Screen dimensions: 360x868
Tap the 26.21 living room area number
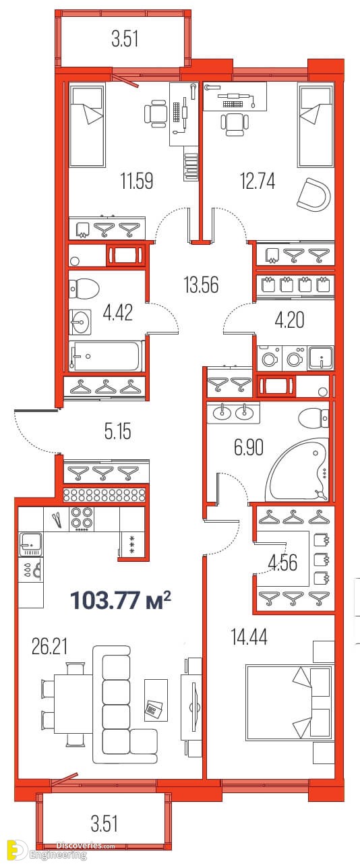click(x=49, y=647)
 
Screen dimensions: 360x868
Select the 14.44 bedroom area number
click(x=249, y=637)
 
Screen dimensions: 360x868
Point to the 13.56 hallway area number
click(x=201, y=285)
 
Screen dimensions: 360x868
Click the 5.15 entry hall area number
click(x=118, y=431)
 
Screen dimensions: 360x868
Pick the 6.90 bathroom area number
click(x=248, y=447)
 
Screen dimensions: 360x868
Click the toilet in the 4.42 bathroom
click(x=84, y=289)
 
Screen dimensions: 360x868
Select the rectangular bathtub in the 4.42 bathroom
click(x=107, y=355)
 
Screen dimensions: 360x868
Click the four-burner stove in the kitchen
click(x=82, y=519)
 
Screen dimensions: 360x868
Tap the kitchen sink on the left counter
click(x=30, y=544)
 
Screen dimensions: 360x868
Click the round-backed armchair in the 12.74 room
click(x=314, y=193)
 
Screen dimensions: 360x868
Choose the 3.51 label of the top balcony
click(x=125, y=39)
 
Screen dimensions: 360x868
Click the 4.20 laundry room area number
click(x=289, y=320)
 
